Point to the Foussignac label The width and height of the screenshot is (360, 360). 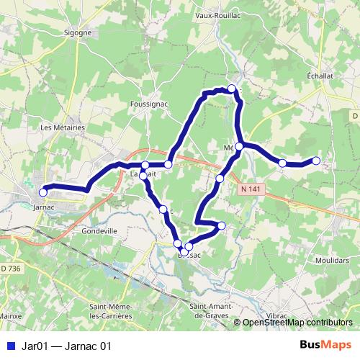149,104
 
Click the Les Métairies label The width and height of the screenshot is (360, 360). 63,127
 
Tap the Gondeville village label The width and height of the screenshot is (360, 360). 99,231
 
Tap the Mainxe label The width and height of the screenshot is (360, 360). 9,315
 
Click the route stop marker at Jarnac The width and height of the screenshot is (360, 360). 43,192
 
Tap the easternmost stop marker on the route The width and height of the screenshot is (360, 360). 316,161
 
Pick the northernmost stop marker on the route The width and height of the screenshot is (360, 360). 232,89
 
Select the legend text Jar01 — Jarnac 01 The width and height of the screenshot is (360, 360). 67,346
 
